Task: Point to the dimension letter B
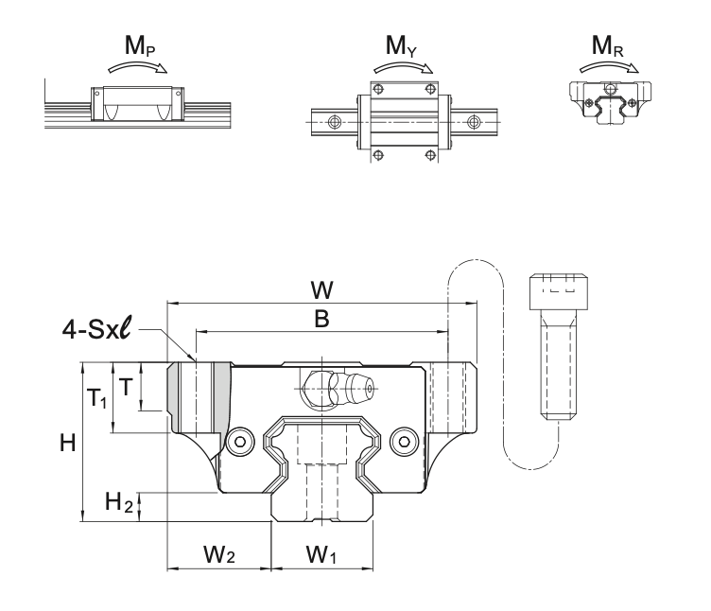321,321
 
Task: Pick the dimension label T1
98,400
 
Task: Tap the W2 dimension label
218,557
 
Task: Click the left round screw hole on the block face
242,440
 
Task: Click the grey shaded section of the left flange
178,397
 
